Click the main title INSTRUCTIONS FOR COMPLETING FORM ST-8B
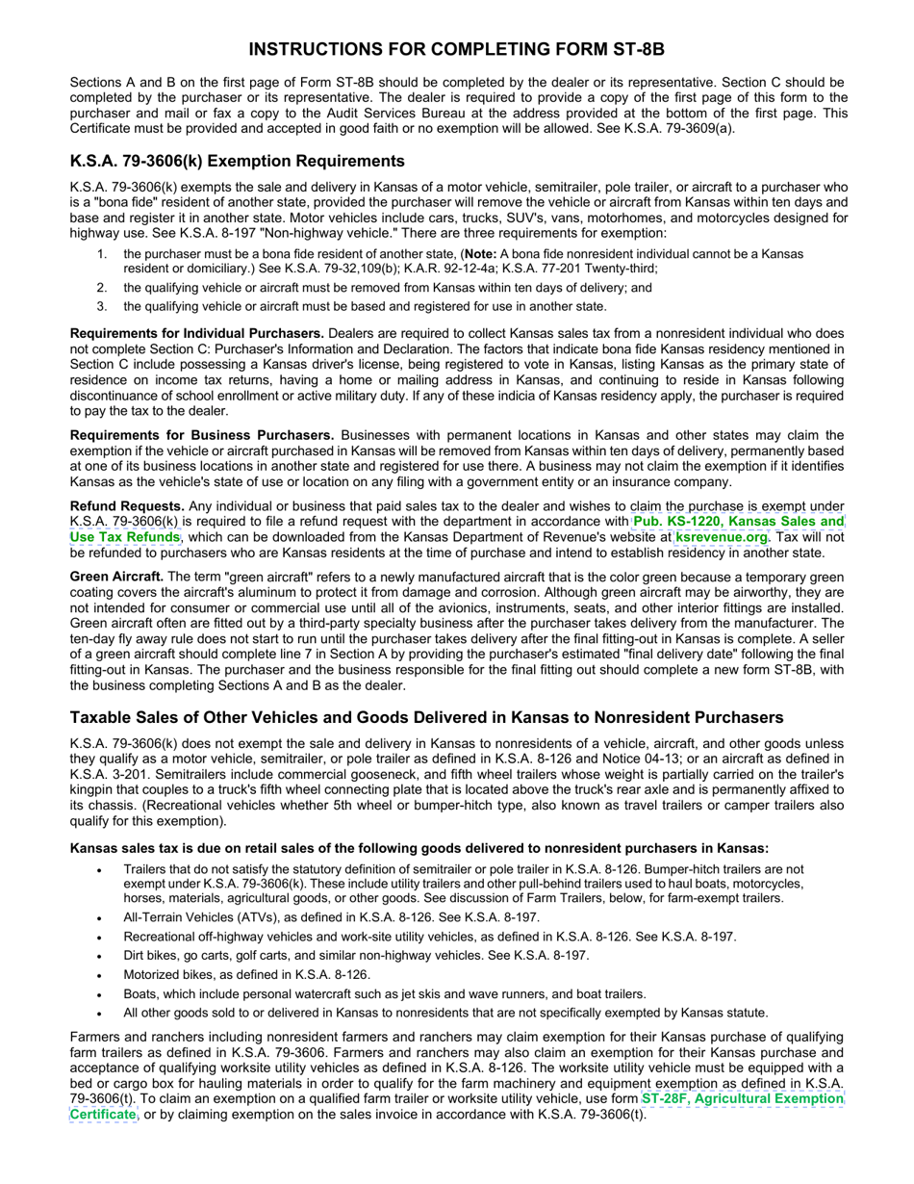[456, 49]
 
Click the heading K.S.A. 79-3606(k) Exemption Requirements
[237, 161]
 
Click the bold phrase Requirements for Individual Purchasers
[196, 333]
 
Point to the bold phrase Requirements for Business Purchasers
[202, 435]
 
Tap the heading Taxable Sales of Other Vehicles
[426, 718]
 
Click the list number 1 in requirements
[102, 254]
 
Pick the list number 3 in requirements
[102, 306]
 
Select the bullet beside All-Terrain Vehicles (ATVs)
[100, 917]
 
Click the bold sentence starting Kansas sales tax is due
[419, 848]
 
